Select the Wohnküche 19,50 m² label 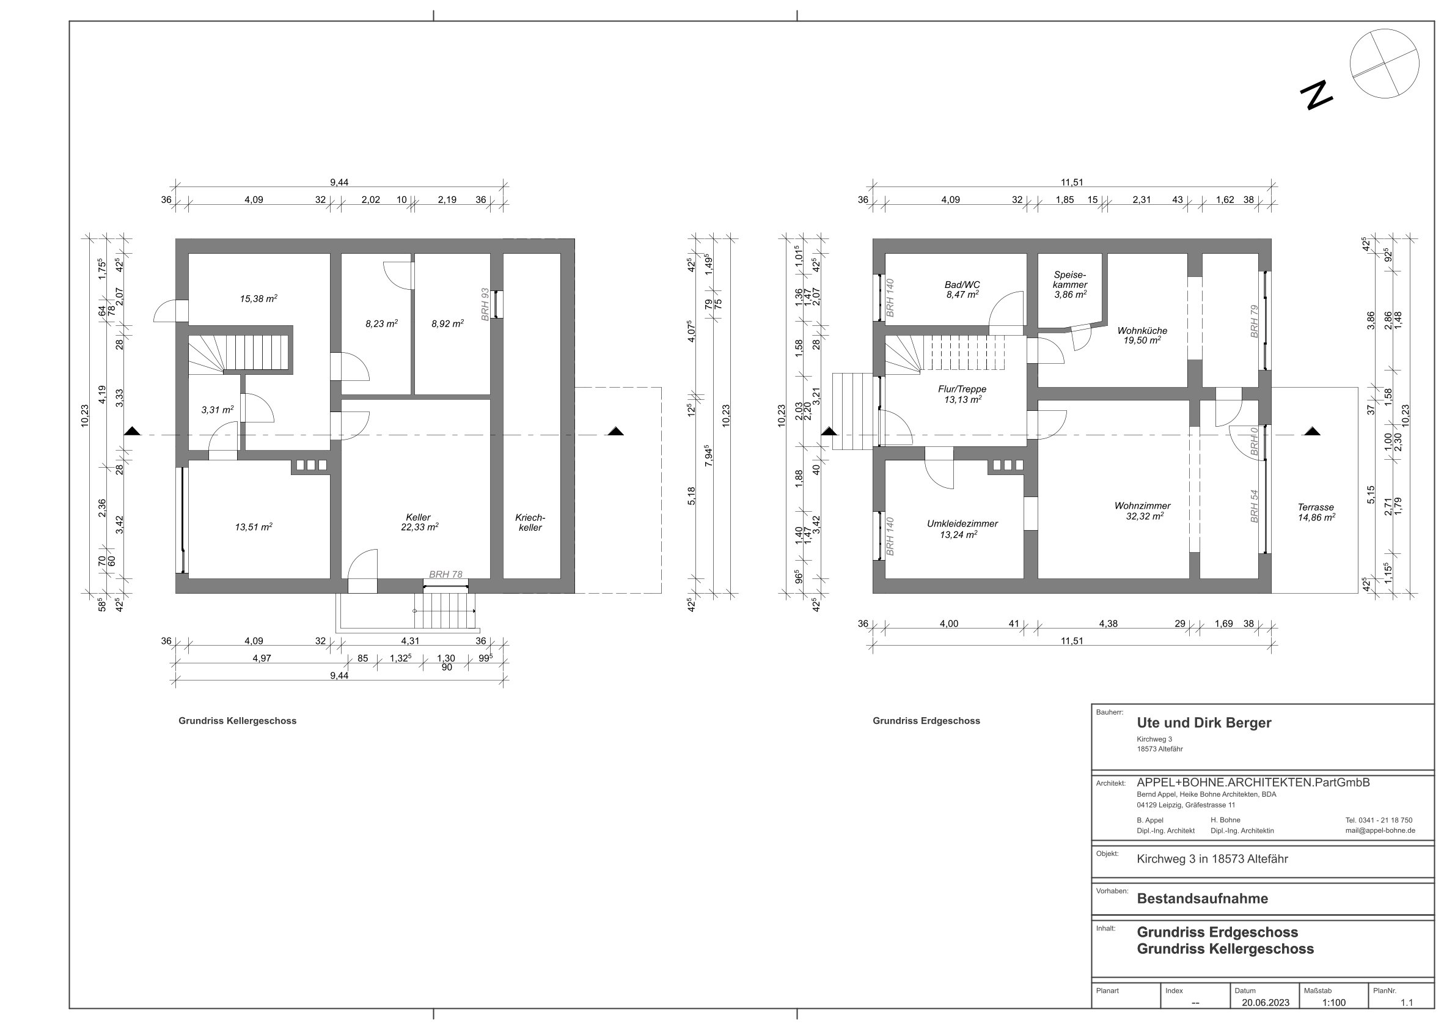pos(1142,336)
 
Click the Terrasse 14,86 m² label pos(1316,512)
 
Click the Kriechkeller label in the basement pos(530,522)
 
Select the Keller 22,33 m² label pos(419,522)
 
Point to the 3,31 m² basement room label pos(218,410)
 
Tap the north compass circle pos(1384,64)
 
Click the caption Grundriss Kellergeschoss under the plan pos(238,721)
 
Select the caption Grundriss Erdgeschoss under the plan pos(926,721)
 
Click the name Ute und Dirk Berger pos(1204,723)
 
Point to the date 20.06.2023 pos(1266,1002)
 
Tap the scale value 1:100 pos(1334,1002)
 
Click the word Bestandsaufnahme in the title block pos(1202,898)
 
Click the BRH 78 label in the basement pos(445,574)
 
